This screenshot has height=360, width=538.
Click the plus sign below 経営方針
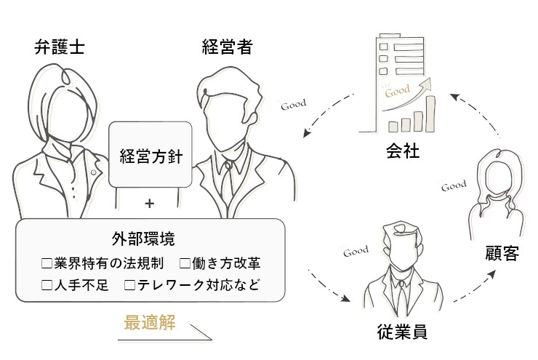point(150,204)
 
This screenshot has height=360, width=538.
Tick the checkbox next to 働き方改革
point(185,262)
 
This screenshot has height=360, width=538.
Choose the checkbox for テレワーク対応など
point(130,285)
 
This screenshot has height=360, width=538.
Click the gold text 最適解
point(150,323)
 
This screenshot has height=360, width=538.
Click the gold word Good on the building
point(398,93)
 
